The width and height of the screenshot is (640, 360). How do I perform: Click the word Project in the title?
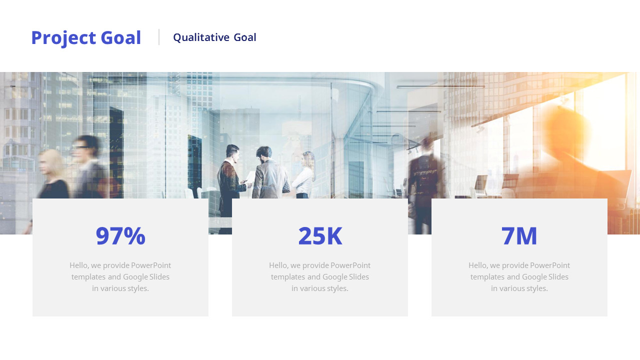click(x=63, y=38)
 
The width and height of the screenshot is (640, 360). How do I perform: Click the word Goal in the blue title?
click(x=121, y=38)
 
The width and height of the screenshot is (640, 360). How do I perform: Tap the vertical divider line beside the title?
click(x=159, y=37)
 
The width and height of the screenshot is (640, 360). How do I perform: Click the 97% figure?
click(x=120, y=236)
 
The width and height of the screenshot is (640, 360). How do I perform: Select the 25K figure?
click(x=320, y=236)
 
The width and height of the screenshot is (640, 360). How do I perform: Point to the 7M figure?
click(x=519, y=236)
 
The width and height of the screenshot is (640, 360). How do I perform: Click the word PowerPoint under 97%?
click(x=151, y=265)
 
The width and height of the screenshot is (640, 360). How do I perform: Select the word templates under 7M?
click(x=487, y=277)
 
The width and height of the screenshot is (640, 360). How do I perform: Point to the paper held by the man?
click(x=249, y=176)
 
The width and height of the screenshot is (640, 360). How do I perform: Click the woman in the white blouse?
click(x=304, y=175)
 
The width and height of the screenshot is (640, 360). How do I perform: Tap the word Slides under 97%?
click(x=158, y=277)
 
